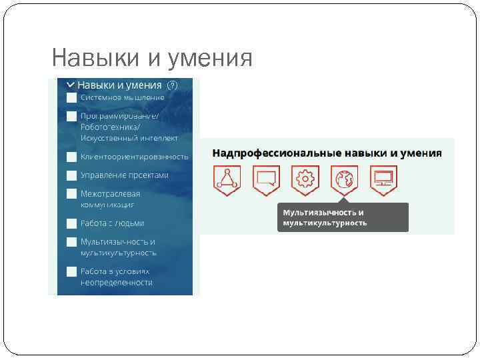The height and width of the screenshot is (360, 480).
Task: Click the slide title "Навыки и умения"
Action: [151, 58]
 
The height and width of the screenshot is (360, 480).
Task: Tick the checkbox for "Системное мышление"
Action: [71, 97]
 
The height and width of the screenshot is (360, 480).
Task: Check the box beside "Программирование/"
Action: [71, 116]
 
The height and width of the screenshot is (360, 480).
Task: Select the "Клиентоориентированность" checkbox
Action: [71, 157]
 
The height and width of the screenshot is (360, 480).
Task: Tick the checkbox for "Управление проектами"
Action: [71, 175]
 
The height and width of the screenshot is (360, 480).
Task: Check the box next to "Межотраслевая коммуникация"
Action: [71, 194]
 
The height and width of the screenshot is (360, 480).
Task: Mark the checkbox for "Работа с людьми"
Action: [71, 223]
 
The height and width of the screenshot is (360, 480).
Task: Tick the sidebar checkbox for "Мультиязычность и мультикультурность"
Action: [71, 242]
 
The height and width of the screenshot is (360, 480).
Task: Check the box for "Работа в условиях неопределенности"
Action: [71, 271]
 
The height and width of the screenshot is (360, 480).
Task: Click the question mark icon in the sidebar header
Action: [172, 85]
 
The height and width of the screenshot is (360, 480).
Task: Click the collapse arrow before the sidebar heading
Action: [70, 85]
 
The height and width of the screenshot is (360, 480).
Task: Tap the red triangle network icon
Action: [227, 179]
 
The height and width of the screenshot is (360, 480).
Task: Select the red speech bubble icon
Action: [266, 179]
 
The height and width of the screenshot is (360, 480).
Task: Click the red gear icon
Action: [305, 179]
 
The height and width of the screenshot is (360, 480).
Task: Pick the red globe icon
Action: [344, 179]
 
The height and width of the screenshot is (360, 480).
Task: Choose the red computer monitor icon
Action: [383, 179]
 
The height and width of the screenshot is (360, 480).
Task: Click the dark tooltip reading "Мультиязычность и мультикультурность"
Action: [343, 217]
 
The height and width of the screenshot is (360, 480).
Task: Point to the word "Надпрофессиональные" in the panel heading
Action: [266, 153]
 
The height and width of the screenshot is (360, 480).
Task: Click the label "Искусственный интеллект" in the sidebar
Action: [129, 138]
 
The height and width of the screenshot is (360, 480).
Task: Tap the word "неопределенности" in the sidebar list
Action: [117, 282]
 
